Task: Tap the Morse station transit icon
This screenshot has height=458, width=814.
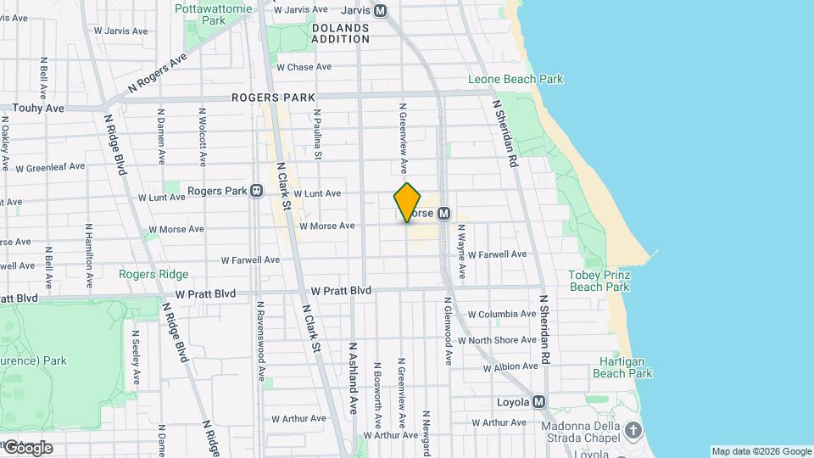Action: (x=443, y=214)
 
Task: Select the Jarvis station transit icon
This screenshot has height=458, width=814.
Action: (x=381, y=11)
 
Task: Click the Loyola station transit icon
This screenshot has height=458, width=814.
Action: (x=539, y=402)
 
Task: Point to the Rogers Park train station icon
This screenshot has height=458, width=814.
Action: (x=255, y=191)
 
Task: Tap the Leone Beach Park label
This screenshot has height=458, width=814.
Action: (x=516, y=80)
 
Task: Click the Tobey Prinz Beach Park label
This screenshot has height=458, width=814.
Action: (x=599, y=281)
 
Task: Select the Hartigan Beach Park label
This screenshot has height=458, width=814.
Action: (x=622, y=366)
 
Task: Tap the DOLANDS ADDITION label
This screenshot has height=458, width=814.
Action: (x=340, y=33)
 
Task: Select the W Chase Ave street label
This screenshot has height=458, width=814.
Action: (x=304, y=67)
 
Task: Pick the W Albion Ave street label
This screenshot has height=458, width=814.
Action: (x=510, y=366)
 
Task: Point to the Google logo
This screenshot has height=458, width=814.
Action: (x=27, y=447)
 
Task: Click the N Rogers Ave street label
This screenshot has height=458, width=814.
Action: (x=157, y=74)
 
